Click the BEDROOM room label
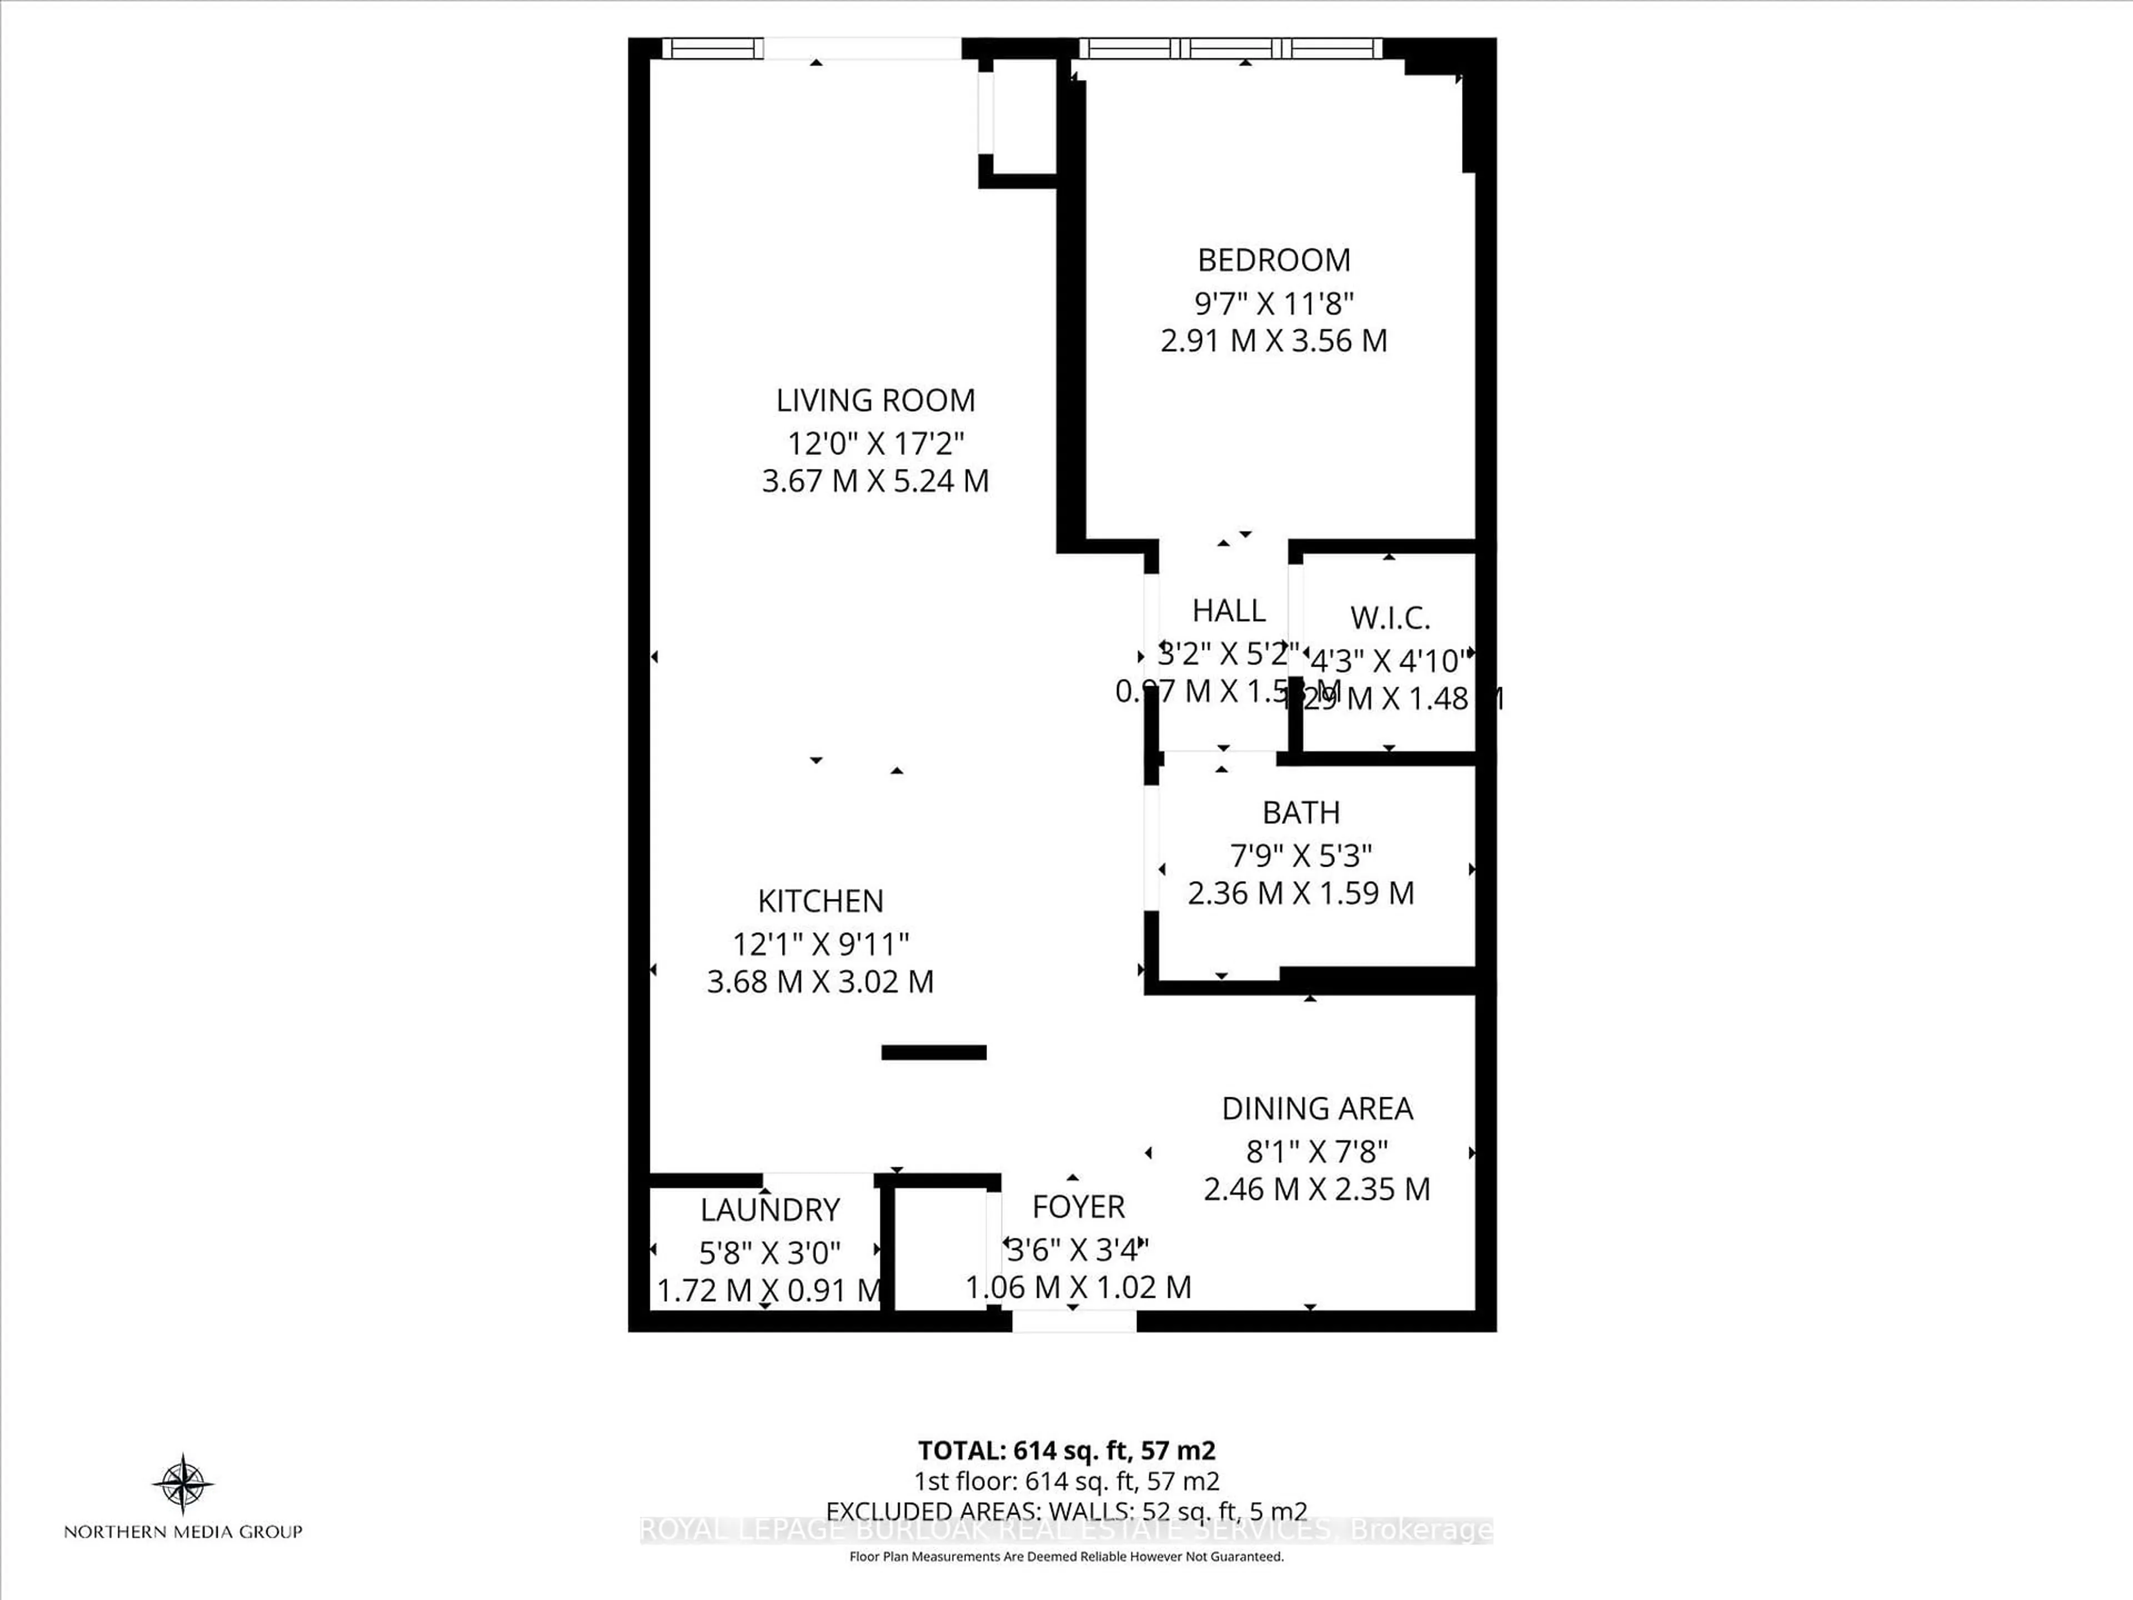pos(1273,261)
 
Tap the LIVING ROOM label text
pos(875,400)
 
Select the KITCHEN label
pos(820,901)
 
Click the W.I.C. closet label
pos(1390,617)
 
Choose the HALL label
pos(1229,611)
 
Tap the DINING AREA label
pos(1316,1109)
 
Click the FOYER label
pos(1078,1207)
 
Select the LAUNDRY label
pos(769,1209)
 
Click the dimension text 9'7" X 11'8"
pos(1273,304)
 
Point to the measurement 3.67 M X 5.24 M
pos(875,481)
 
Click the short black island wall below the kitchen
pos(933,1052)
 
